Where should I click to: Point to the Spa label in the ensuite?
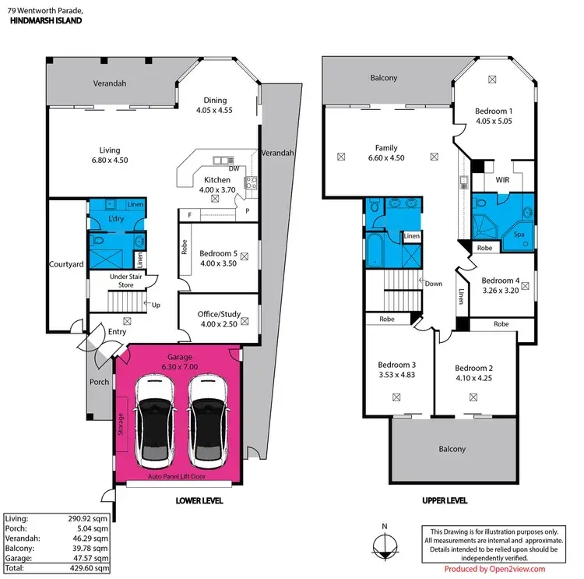click(x=518, y=233)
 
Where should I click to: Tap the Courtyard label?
click(x=66, y=264)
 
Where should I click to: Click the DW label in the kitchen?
click(x=234, y=168)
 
